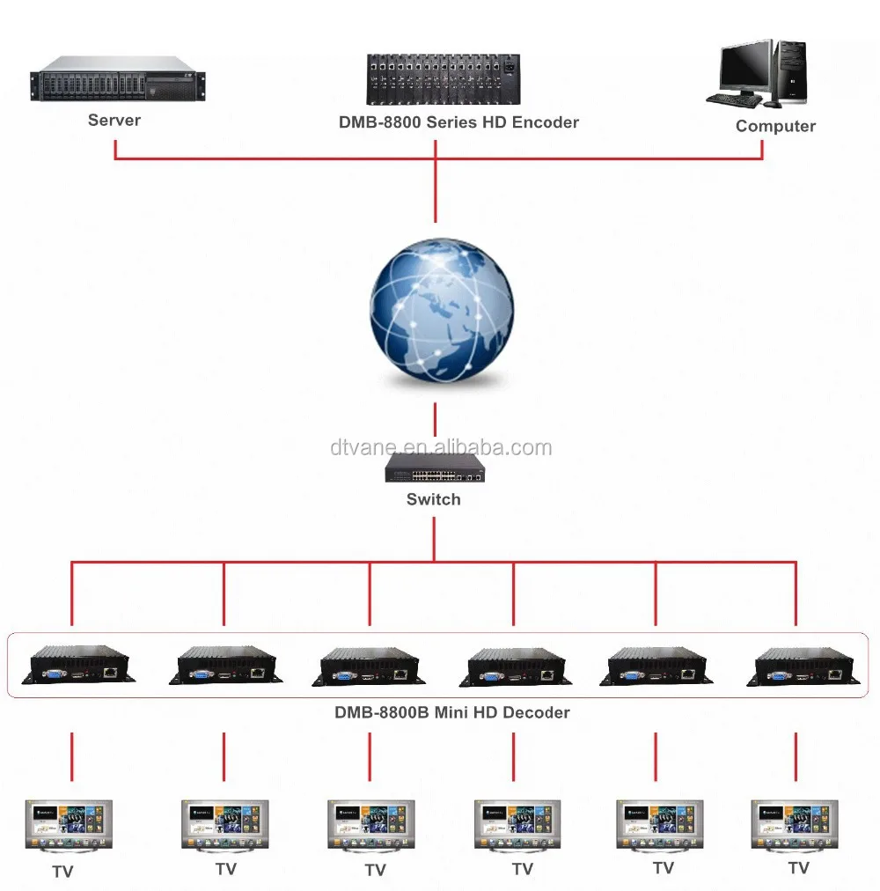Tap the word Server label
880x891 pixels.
click(x=114, y=120)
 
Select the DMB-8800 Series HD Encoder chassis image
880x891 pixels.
click(x=443, y=79)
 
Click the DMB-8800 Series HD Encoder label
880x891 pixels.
click(x=458, y=122)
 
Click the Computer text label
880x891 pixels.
click(x=775, y=126)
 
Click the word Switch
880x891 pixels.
click(x=433, y=499)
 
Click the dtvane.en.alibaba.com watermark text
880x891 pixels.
click(x=441, y=447)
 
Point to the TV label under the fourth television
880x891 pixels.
click(x=523, y=869)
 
